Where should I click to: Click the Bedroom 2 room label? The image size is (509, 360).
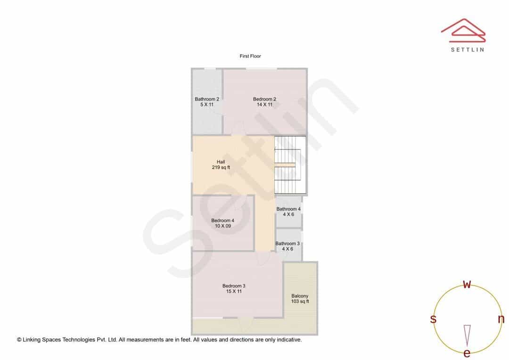[x=264, y=102]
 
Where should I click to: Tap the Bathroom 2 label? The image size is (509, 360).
[x=207, y=102]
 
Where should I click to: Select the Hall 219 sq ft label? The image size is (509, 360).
[x=221, y=164]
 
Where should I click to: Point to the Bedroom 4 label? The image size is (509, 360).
[x=222, y=223]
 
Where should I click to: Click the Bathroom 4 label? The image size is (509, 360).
[x=288, y=212]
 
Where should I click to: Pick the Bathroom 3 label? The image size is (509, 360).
[x=287, y=246]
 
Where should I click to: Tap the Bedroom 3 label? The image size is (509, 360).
[x=234, y=288]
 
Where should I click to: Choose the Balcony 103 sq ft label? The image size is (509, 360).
[x=300, y=299]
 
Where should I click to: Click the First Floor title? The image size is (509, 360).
[x=250, y=56]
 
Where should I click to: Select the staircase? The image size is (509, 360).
[x=290, y=165]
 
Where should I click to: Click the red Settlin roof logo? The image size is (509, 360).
[x=463, y=31]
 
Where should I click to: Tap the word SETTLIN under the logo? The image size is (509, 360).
[x=468, y=49]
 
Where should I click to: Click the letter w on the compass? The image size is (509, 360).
[x=467, y=284]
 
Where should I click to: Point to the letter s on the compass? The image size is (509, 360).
[x=433, y=319]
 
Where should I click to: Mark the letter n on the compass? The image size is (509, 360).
[x=501, y=319]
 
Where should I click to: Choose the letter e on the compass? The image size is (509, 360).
[x=467, y=353]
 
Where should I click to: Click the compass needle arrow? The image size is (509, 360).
[x=467, y=335]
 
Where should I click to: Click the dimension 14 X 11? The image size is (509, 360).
[x=264, y=105]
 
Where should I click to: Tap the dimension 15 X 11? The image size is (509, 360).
[x=234, y=292]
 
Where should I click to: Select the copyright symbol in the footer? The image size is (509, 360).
[x=19, y=340]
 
